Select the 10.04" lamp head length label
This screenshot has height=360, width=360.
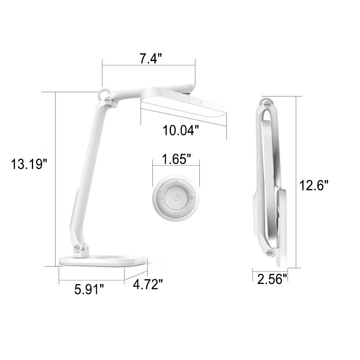[x=181, y=130]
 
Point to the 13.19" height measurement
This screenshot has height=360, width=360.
[x=29, y=164]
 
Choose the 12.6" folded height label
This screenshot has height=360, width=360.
[x=314, y=185]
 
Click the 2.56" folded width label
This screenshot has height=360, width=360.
[x=270, y=279]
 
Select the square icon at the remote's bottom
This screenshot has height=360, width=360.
[x=176, y=214]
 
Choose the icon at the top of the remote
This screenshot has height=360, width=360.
[x=176, y=182]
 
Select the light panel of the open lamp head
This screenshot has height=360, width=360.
[x=185, y=111]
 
